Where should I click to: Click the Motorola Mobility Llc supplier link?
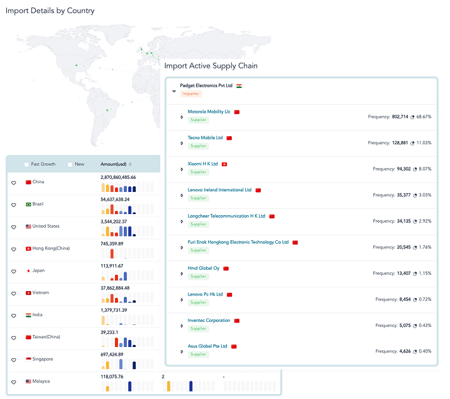[209, 112]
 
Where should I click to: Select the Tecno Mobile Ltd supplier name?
[205, 138]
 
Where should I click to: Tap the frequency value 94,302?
[403, 169]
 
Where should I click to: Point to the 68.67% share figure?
[424, 117]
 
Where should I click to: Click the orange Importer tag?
[191, 93]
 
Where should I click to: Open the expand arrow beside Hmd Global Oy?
[182, 274]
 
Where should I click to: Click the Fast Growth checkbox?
[26, 164]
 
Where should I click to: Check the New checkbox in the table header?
[70, 164]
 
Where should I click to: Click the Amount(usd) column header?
[113, 164]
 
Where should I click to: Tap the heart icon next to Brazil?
[14, 205]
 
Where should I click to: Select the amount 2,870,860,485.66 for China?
[118, 178]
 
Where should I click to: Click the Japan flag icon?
[28, 270]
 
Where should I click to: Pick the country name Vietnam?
[41, 293]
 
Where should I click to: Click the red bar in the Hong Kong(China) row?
[112, 253]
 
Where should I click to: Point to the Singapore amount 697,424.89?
[112, 354]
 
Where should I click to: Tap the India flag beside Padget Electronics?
[239, 86]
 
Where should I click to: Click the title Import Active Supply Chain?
[211, 66]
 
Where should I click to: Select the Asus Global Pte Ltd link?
[207, 346]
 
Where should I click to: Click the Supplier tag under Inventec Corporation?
[199, 329]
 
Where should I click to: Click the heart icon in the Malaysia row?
[14, 382]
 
